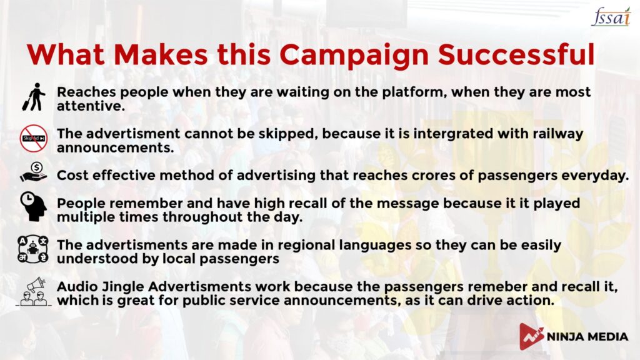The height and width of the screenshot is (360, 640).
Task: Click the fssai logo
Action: coord(611,16)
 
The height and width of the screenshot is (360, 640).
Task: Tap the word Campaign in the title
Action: coord(354,56)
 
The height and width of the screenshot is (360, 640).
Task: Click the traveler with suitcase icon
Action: coord(34,97)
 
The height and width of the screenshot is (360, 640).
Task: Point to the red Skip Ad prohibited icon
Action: coord(34,138)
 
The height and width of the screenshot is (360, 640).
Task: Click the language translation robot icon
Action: coord(33,249)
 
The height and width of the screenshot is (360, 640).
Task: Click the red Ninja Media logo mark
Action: coord(531,336)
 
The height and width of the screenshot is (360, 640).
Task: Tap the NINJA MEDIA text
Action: coord(587,337)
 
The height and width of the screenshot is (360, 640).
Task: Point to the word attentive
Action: coord(89,106)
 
